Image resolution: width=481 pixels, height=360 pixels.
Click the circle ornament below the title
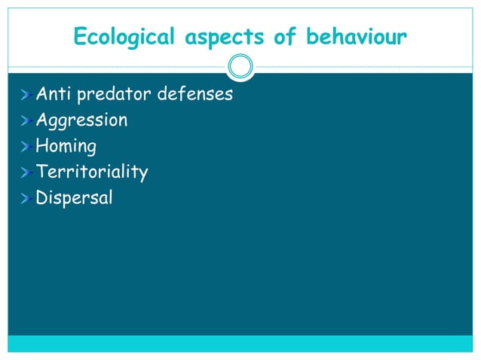click(x=240, y=67)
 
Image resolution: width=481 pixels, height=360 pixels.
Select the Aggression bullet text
click(x=81, y=120)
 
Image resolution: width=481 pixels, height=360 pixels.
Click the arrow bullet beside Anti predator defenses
click(x=26, y=95)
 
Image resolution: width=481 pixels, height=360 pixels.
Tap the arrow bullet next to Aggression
click(x=26, y=121)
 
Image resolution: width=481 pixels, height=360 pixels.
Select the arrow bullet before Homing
click(x=26, y=147)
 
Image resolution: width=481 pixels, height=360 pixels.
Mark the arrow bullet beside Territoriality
click(x=26, y=172)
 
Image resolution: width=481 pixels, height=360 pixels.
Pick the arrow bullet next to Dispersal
click(x=26, y=199)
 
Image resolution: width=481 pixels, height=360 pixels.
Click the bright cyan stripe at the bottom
click(x=240, y=343)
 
